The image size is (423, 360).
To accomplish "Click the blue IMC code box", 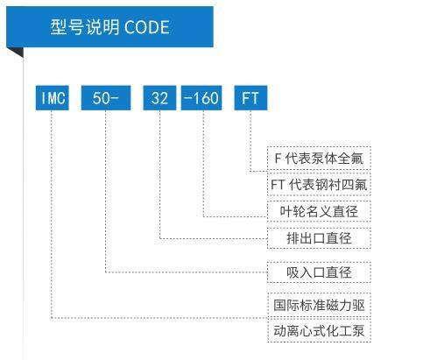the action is click(53, 98).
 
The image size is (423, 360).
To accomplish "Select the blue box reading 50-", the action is click(106, 98).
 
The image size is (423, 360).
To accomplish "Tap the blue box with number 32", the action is click(159, 98).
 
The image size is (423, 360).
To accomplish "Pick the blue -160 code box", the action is click(201, 98).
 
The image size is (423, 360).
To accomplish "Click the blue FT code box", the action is click(250, 98).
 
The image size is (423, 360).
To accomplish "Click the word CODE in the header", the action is click(147, 27).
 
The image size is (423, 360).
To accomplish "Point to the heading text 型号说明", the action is click(85, 27).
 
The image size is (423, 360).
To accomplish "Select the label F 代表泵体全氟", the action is click(319, 159).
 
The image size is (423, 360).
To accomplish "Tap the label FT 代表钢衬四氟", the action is click(319, 185).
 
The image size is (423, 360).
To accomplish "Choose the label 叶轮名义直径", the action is click(319, 211).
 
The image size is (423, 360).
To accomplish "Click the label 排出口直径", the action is click(319, 238).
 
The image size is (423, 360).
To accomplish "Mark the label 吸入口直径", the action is click(319, 272).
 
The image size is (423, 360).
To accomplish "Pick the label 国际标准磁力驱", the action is click(319, 305).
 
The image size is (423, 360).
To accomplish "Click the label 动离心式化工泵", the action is click(319, 331).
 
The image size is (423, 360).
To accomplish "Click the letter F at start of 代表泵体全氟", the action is click(278, 159).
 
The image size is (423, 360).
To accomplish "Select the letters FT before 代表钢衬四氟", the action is click(278, 185).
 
